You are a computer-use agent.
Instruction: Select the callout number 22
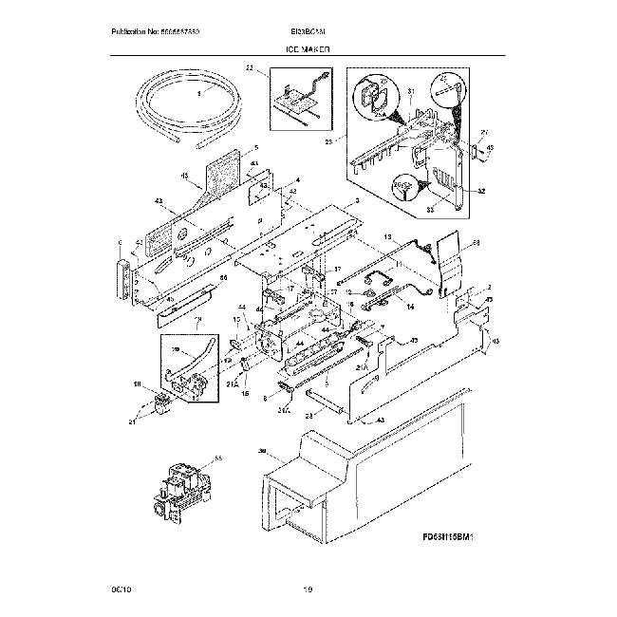point(250,68)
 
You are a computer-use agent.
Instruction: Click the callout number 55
point(218,458)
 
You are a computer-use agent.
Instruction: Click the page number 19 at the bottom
point(308,591)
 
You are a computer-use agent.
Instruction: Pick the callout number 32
point(480,191)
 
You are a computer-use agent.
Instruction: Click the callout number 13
point(387,235)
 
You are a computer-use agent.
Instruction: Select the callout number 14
point(410,307)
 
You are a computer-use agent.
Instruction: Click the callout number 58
point(477,244)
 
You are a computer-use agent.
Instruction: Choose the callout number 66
point(224,278)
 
